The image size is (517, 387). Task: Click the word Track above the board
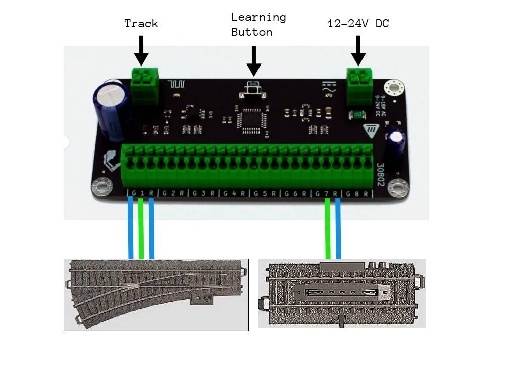coord(141,23)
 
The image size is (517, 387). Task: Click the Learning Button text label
coord(258,24)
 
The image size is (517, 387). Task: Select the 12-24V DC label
coord(358,23)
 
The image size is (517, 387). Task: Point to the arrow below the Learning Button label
coord(254,61)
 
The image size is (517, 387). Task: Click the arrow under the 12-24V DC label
coord(358,50)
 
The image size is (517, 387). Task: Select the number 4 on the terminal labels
coord(234,193)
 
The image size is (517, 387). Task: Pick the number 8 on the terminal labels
coord(357,193)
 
